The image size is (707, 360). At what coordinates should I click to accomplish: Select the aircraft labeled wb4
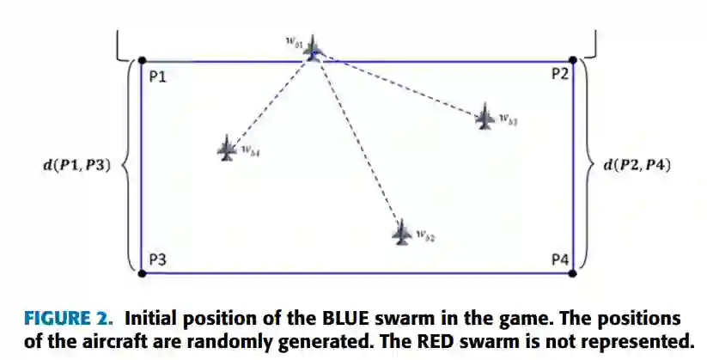227,149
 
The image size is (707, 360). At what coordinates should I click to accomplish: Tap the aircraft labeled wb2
401,232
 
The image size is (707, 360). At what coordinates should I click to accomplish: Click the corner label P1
157,76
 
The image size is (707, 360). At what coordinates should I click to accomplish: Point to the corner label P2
559,75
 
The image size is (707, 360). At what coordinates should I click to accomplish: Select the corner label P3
157,258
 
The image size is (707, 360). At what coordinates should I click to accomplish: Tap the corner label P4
559,258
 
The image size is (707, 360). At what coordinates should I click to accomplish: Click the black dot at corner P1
142,61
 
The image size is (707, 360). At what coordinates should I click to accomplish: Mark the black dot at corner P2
574,61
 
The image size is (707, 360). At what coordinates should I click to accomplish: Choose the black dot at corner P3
142,273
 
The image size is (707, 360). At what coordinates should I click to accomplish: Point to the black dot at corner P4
574,273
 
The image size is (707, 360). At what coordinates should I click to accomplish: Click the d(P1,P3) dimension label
76,164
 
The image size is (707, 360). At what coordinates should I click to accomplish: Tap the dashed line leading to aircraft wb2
359,142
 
